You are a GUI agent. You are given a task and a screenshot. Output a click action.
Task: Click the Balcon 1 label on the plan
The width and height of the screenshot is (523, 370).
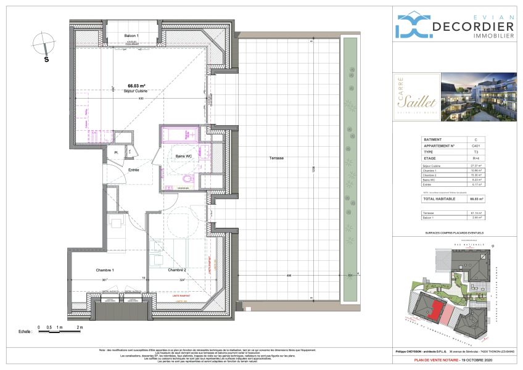114,36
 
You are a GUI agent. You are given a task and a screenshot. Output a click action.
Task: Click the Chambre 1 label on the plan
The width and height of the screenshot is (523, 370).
104,269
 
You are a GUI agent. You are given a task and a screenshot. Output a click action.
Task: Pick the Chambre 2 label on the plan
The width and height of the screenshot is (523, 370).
177,269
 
